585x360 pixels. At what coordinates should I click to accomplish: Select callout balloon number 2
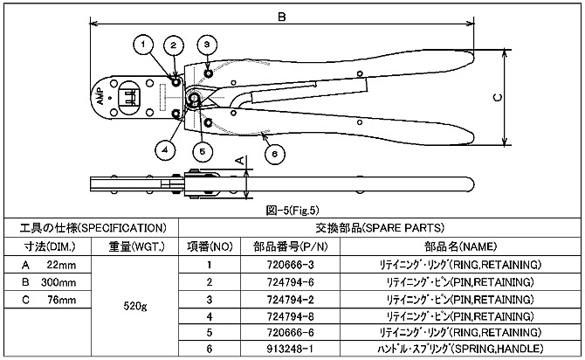(x=174, y=45)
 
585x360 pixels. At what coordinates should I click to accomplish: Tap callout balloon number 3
(x=207, y=44)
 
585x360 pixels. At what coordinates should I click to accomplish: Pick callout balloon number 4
(x=162, y=149)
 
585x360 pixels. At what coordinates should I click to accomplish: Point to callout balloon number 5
(x=202, y=150)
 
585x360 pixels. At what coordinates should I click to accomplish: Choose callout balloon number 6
(x=273, y=153)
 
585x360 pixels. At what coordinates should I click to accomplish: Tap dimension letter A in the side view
(x=239, y=160)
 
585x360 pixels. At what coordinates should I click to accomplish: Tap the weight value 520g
(x=134, y=307)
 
